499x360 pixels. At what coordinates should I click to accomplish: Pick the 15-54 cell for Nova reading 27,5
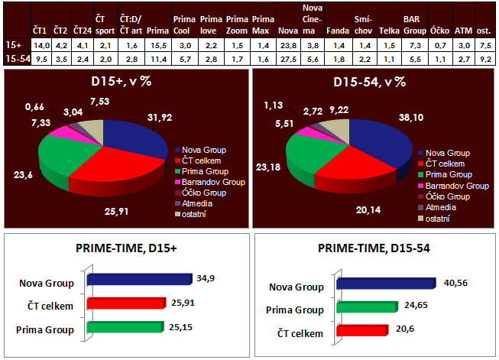[x=288, y=58]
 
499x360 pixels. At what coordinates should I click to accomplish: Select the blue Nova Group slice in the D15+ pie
[x=138, y=138]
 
